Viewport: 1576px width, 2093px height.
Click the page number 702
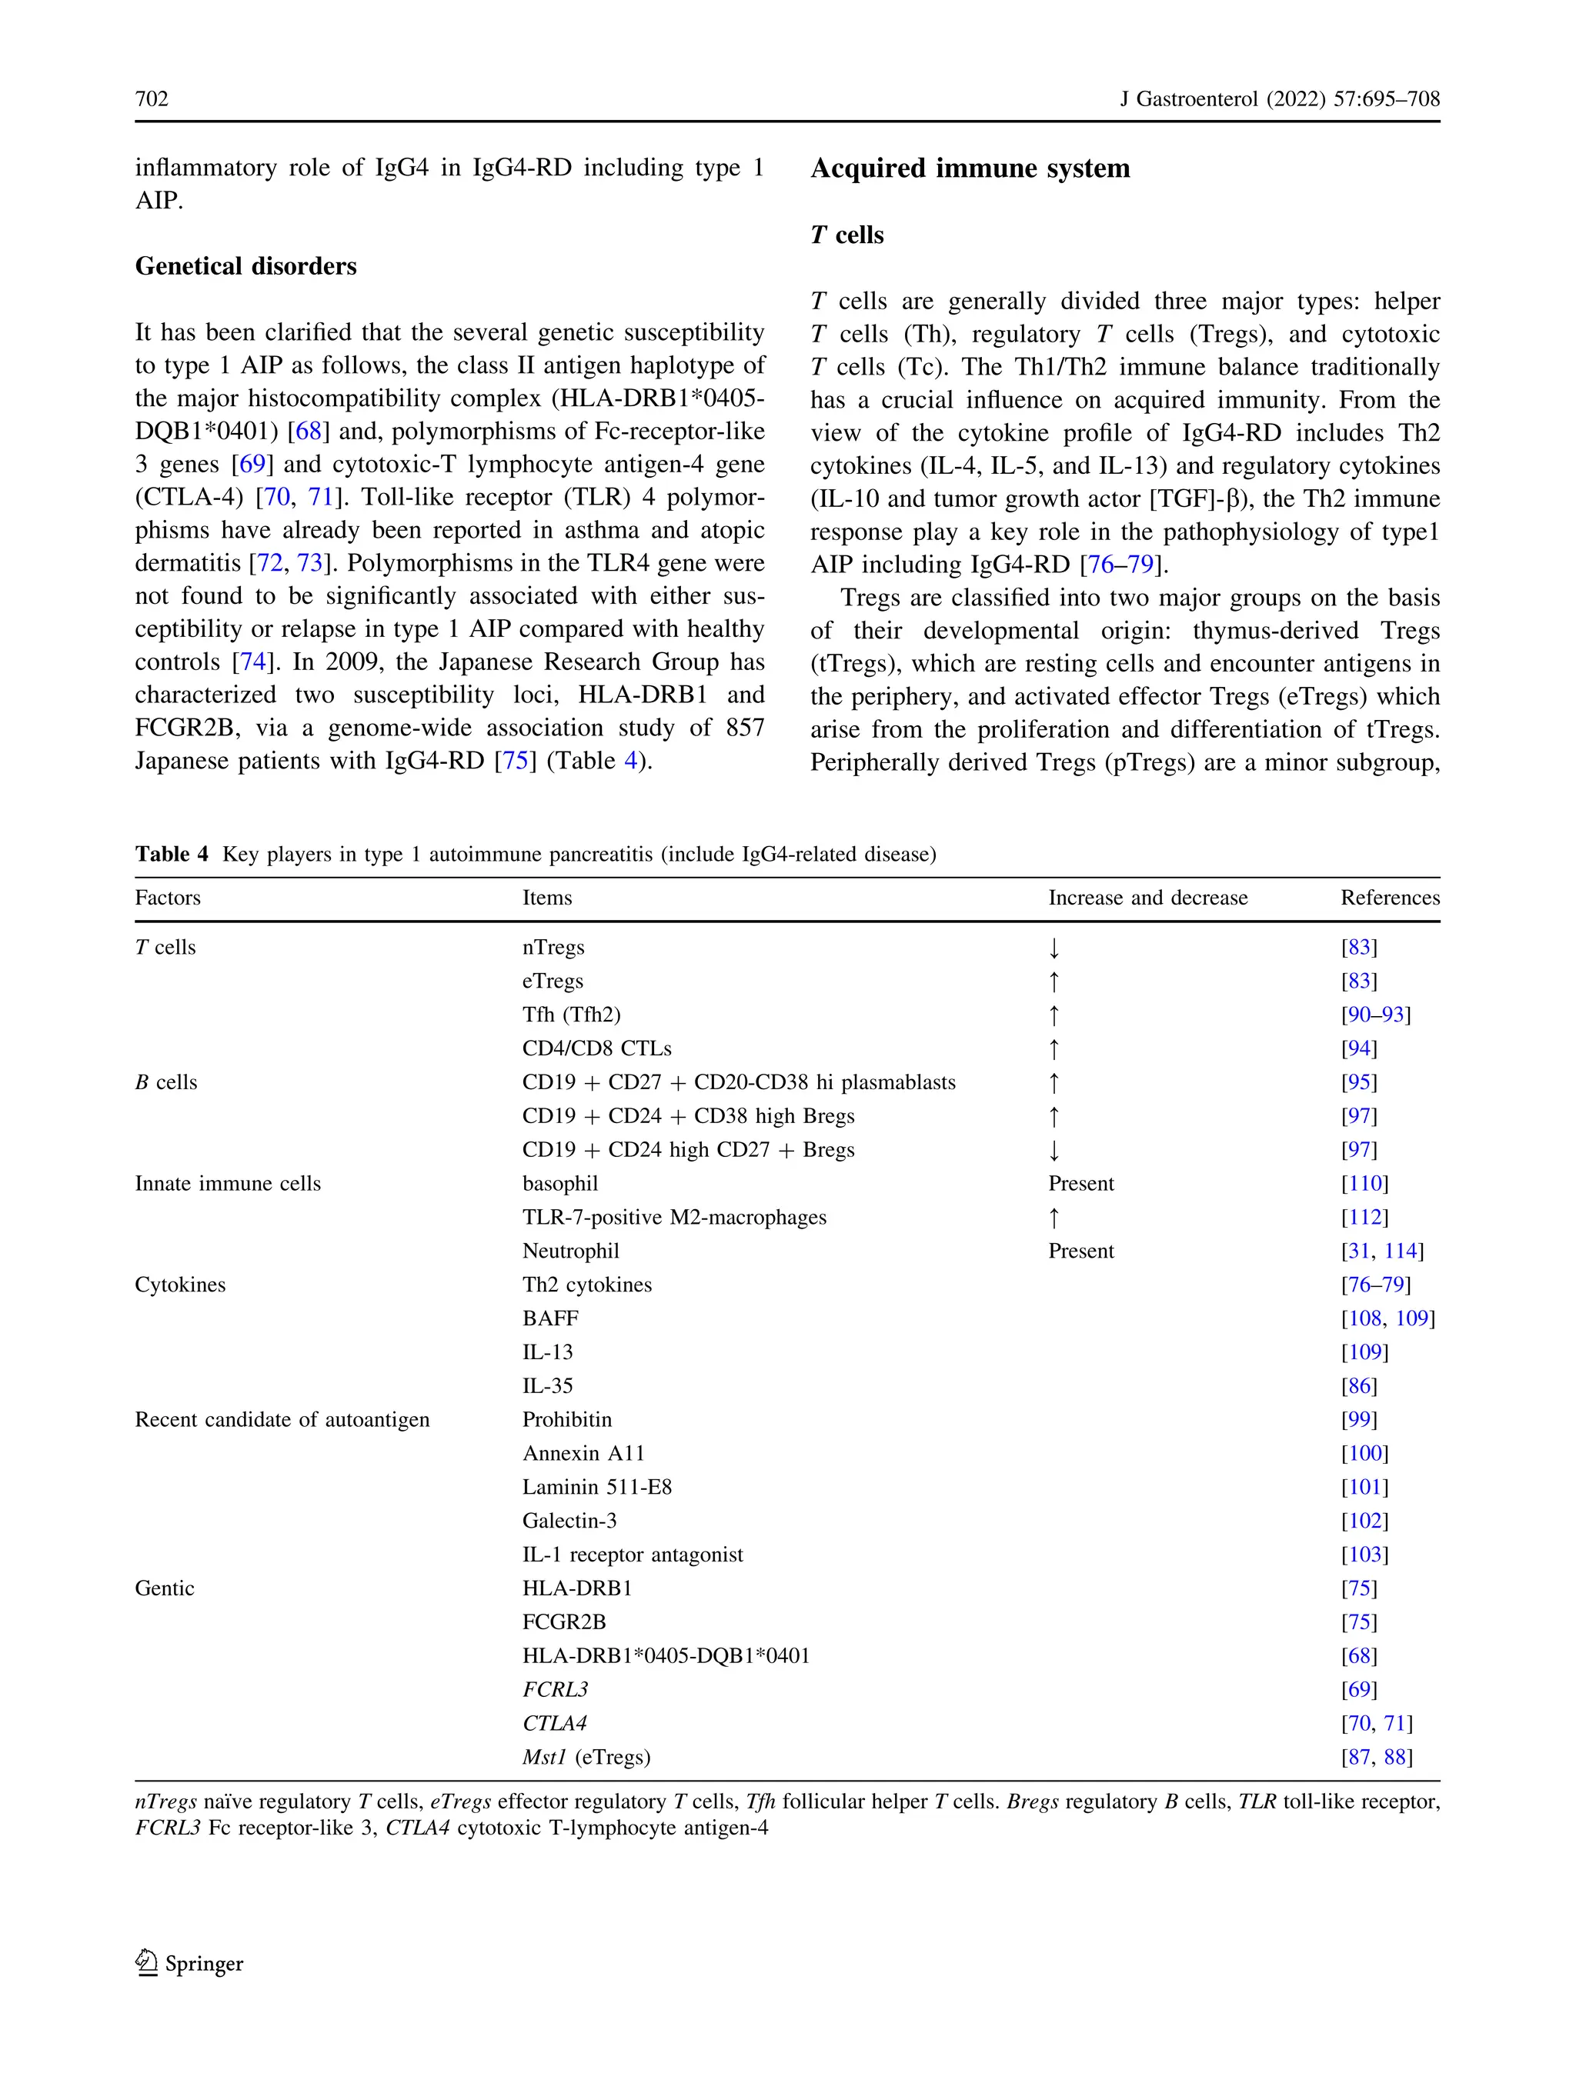(x=152, y=98)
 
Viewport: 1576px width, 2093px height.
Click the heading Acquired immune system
(x=970, y=168)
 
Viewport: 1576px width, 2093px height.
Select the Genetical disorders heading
(x=245, y=266)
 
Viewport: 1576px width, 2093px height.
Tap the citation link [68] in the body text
(x=309, y=432)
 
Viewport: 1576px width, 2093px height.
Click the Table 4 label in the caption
(x=172, y=855)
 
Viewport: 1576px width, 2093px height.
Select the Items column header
(x=547, y=898)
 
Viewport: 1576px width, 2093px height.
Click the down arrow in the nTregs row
(x=1053, y=948)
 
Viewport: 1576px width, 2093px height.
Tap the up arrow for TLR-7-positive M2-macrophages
(x=1053, y=1218)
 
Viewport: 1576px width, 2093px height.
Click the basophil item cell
(x=559, y=1184)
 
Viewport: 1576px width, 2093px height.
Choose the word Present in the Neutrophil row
(x=1081, y=1251)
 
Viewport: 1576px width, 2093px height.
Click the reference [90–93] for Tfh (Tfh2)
(x=1374, y=1015)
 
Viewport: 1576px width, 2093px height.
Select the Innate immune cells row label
(x=227, y=1184)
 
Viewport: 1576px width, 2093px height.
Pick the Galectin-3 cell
(x=569, y=1521)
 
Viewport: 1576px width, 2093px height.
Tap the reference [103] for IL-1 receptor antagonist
(x=1364, y=1555)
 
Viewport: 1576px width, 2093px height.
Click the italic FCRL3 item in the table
(x=555, y=1690)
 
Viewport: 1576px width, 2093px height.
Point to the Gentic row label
(x=165, y=1588)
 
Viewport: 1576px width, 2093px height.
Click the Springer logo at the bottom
(x=189, y=1963)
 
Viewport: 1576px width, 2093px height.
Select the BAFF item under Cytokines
(x=550, y=1319)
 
